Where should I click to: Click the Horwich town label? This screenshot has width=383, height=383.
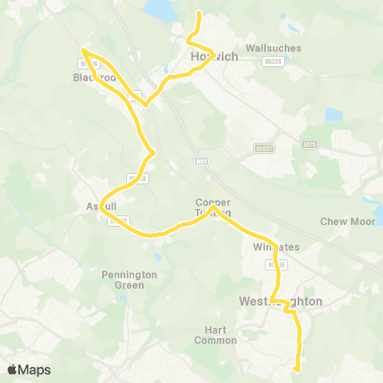coord(210,57)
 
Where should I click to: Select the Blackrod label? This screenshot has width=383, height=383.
coord(95,78)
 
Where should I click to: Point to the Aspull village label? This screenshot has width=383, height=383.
coord(101,206)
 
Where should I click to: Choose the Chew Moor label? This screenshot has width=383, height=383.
coord(342,221)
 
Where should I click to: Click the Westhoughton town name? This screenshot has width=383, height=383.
coord(281,302)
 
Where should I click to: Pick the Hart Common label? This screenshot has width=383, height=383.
coord(215,335)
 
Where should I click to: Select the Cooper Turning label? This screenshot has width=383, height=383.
coord(214,207)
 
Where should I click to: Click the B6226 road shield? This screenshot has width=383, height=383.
coord(274,61)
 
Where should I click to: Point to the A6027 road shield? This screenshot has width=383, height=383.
coord(263,148)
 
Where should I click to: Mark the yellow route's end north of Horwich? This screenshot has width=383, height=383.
coord(198,13)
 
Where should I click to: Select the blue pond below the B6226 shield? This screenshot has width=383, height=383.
coord(331,115)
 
